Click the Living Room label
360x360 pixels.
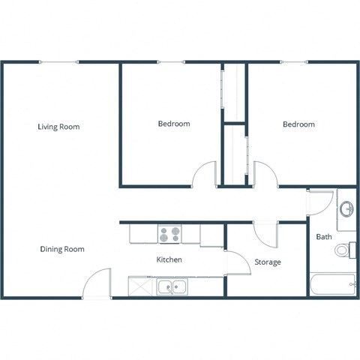coord(58,127)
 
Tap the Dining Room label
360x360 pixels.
coord(62,249)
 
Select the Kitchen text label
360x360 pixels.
coord(169,259)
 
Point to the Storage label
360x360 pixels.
coord(268,262)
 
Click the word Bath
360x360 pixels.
coord(324,237)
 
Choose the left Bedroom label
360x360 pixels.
coord(173,124)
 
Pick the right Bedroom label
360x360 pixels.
coord(298,124)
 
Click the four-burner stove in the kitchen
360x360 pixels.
coord(169,234)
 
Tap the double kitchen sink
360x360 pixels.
coord(172,286)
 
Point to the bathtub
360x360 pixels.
coord(332,285)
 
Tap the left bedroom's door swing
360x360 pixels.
coord(204,174)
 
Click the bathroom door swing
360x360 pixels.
coord(318,201)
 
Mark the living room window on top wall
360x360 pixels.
coord(58,62)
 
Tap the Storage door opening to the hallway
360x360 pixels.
coord(265,232)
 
